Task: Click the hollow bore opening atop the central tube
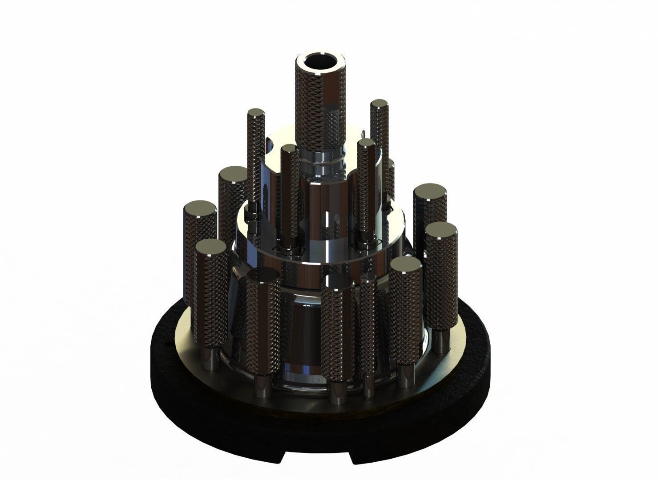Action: point(319,63)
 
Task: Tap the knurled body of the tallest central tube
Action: point(319,107)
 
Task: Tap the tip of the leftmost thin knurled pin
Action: point(256,112)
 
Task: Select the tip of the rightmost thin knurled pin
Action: point(379,104)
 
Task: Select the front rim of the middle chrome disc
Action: point(320,253)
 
